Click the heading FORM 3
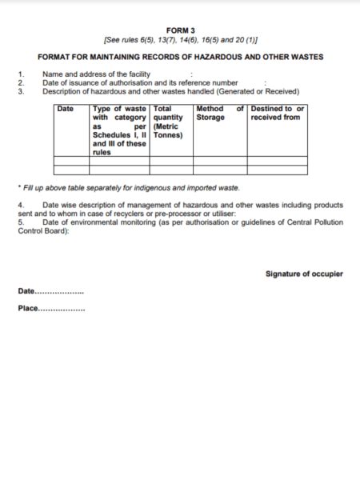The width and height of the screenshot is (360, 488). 180,30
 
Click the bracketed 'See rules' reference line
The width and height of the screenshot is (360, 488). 180,39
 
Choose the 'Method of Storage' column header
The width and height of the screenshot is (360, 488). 219,113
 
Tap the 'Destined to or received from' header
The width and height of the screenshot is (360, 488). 277,113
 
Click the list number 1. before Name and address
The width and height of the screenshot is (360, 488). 21,74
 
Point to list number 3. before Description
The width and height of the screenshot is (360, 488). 21,90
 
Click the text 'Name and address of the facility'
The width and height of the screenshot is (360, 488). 97,74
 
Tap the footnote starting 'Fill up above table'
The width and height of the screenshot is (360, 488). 128,187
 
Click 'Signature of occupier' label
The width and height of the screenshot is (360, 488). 304,274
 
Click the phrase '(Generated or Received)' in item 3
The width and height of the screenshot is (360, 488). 260,90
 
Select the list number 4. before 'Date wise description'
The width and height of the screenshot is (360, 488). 21,205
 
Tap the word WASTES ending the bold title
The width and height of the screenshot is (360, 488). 306,57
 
